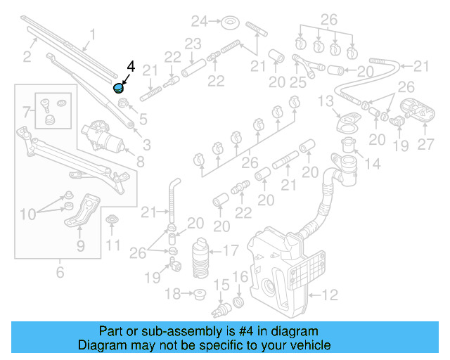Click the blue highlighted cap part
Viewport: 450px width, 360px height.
[119, 88]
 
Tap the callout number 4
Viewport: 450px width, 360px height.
[130, 67]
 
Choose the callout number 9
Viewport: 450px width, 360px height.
[80, 246]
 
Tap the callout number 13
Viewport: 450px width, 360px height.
[324, 102]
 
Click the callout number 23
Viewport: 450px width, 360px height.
[193, 44]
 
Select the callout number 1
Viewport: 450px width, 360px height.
[91, 32]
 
